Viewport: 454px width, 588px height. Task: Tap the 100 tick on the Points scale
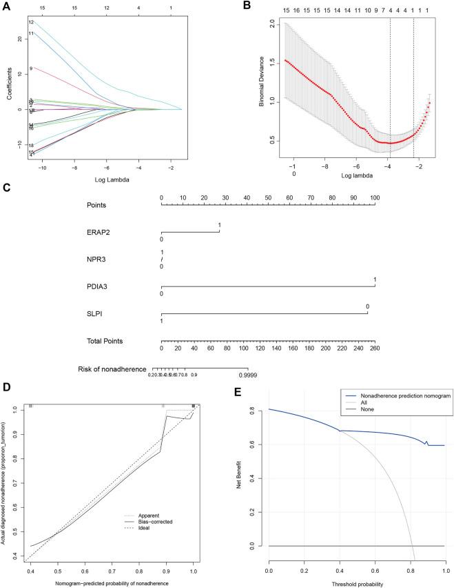[x=374, y=197]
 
